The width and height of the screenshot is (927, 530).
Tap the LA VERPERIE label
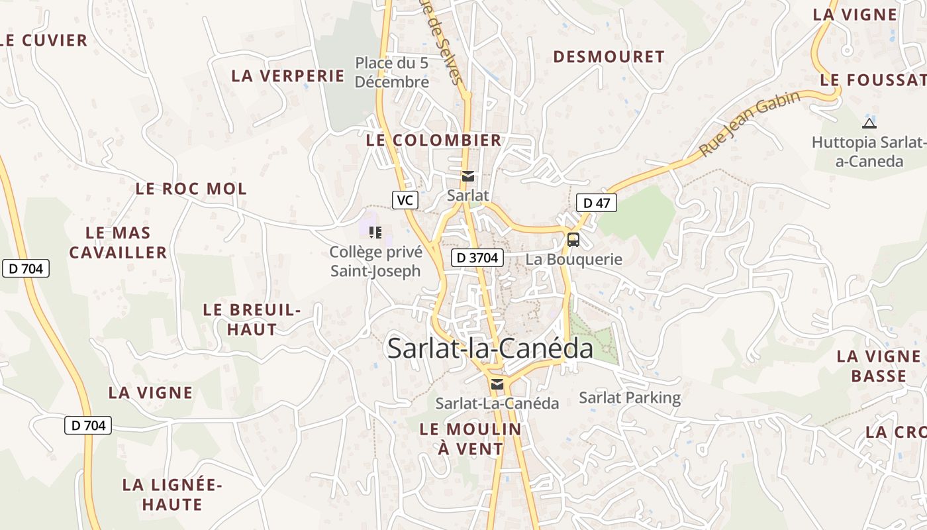[x=288, y=76]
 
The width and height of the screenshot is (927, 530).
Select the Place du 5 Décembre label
[x=392, y=73]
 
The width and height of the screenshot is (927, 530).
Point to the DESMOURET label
[x=609, y=57]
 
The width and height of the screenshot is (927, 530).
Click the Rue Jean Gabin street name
[x=750, y=123]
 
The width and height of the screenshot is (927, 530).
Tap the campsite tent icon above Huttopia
[x=869, y=123]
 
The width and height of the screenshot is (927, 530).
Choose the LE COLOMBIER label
[x=434, y=140]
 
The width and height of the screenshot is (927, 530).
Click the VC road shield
[x=405, y=199]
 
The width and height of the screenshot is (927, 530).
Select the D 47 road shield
[x=596, y=203]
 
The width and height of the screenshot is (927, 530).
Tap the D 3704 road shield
[x=477, y=258]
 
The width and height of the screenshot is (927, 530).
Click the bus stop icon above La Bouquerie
[x=573, y=240]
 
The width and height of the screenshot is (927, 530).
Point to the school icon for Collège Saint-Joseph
[x=375, y=232]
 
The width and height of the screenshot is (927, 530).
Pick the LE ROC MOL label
[x=191, y=189]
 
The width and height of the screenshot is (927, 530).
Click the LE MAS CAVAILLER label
[x=119, y=242]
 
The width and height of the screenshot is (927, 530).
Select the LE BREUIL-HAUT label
[x=252, y=319]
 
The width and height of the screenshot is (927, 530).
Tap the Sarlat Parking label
[x=630, y=397]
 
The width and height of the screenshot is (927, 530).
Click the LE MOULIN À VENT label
[x=470, y=439]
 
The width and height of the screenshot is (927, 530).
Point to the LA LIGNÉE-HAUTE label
[x=172, y=494]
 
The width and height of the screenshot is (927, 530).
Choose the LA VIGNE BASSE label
[x=879, y=366]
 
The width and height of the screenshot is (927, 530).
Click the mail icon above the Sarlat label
[x=468, y=176]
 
